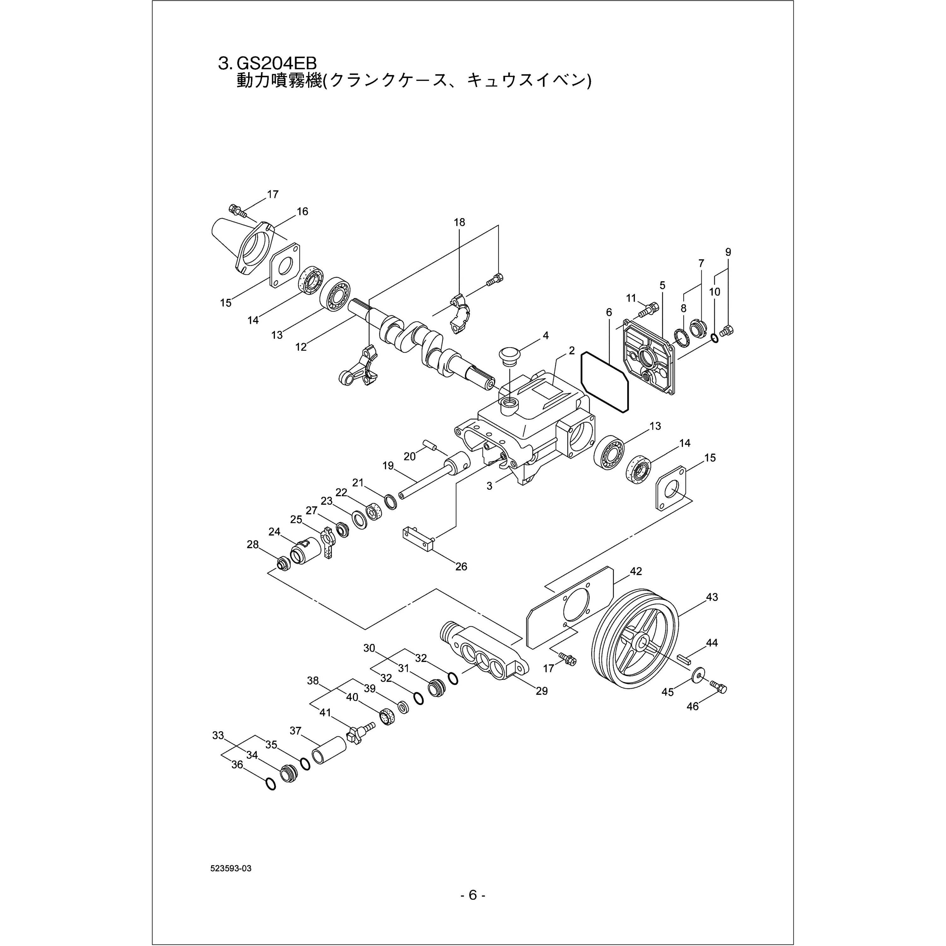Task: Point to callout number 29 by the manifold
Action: [x=541, y=691]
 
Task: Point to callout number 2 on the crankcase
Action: [x=571, y=351]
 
